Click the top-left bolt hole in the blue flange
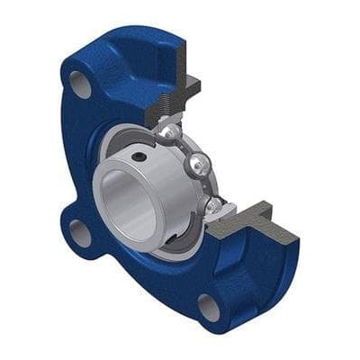[x=80, y=85]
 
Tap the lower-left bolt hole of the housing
[x=80, y=235]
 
